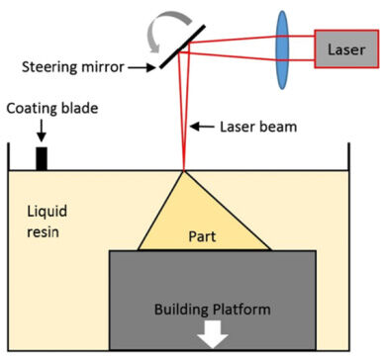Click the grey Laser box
tap(346, 49)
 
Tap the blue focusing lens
tap(282, 49)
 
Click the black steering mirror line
tap(182, 46)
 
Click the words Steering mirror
tap(73, 67)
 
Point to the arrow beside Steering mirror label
tap(142, 68)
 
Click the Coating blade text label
tap(52, 109)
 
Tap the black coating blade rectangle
tap(42, 158)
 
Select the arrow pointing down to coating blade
tap(42, 131)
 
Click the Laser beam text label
tap(258, 127)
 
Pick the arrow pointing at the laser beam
tap(202, 127)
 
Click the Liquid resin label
tap(47, 222)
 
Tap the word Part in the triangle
tap(202, 236)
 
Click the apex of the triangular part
tap(183, 171)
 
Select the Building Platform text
tap(213, 310)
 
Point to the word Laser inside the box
tap(346, 49)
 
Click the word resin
tap(43, 231)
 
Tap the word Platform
tap(241, 310)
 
